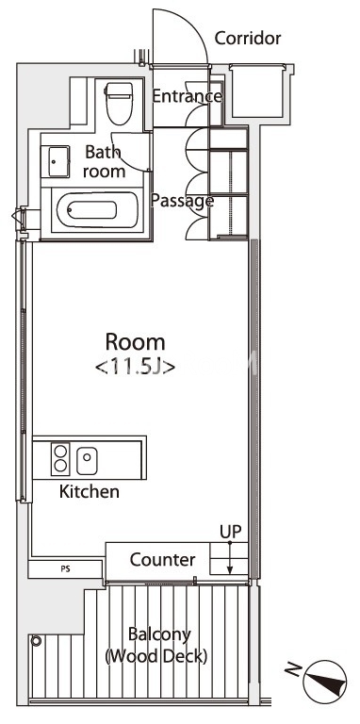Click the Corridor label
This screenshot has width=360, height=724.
coord(248,39)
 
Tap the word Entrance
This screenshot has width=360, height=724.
coord(187,96)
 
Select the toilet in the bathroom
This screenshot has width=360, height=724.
coord(119,104)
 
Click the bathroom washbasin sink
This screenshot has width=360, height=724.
coord(55,161)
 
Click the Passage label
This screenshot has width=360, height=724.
coord(182,201)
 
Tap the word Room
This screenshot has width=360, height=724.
coord(135,342)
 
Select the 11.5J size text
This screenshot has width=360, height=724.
coord(135,368)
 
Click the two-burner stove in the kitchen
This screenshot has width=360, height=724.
coord(60,459)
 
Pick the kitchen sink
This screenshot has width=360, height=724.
coord(87,460)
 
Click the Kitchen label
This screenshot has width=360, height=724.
coord(90,492)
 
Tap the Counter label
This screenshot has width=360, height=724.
coord(162,560)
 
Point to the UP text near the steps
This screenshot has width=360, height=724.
coord(230,532)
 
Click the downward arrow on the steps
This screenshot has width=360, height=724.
coord(230,558)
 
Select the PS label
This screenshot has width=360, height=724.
coord(66,568)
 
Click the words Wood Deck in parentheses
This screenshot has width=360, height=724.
coord(156,656)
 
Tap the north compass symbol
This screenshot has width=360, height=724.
coord(325,681)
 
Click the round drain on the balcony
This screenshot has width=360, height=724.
coord(36,641)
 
